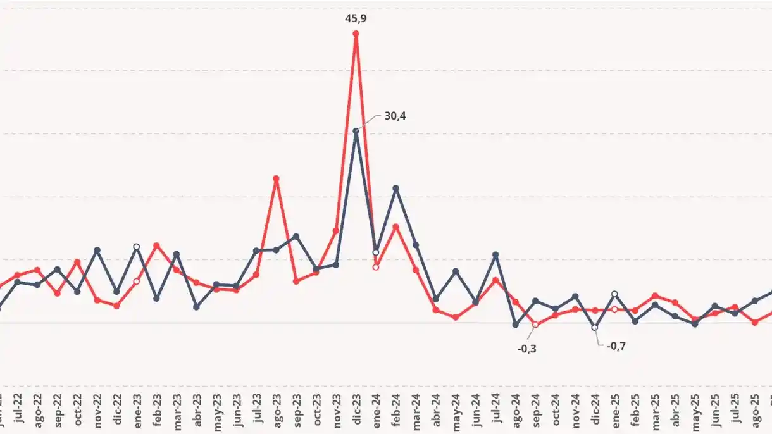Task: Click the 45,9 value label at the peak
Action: [356, 18]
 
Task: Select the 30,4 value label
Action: [395, 116]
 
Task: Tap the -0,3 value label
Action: [526, 348]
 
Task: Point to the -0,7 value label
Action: [616, 346]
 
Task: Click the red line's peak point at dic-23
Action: [356, 34]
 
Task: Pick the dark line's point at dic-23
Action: [356, 131]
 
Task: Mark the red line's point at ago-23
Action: [276, 178]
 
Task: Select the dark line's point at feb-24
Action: [395, 188]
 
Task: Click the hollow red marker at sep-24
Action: [535, 325]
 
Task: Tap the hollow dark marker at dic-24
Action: [595, 328]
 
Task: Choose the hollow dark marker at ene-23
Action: [136, 247]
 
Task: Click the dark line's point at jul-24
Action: [495, 254]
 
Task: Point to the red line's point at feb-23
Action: [156, 245]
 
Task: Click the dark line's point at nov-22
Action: [97, 250]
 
